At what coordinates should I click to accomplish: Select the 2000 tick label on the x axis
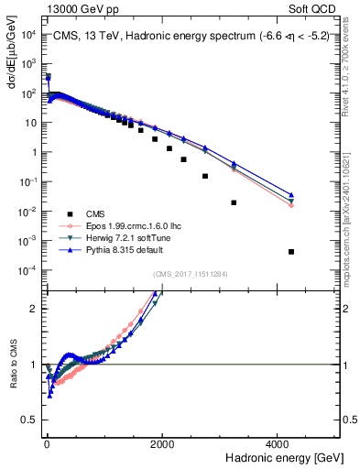(162, 444)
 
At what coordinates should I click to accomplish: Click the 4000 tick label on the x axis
(278, 444)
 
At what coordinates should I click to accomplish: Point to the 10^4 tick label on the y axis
(27, 35)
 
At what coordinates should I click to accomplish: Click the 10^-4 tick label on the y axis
(27, 269)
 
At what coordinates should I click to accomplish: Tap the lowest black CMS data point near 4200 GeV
(291, 252)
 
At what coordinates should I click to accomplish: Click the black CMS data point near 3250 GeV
(235, 202)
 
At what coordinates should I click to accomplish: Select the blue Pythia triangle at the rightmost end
(291, 195)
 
